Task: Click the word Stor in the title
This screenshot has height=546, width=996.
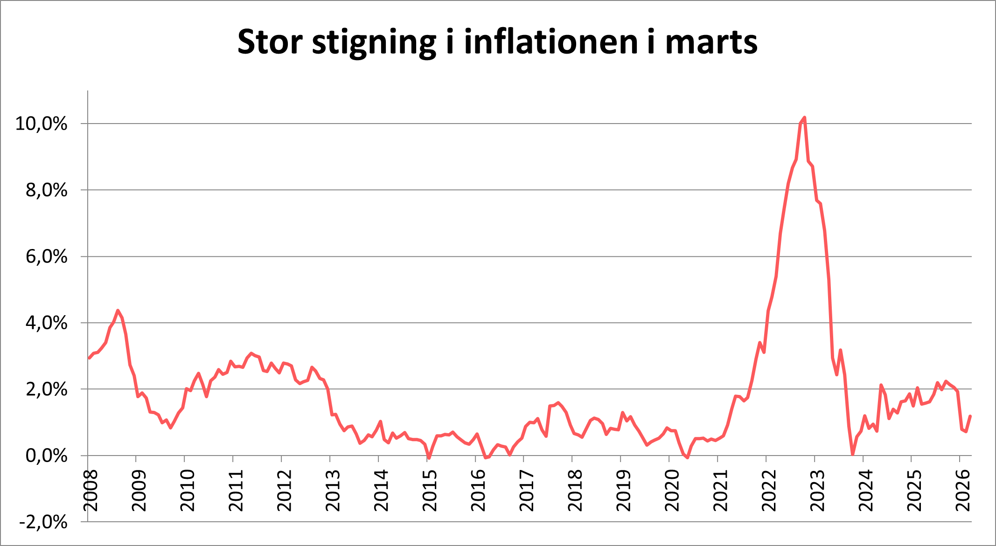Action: (270, 42)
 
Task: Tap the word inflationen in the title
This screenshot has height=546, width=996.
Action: (550, 42)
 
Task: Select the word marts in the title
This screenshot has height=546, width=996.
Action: (711, 42)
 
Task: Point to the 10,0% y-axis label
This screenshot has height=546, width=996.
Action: (42, 124)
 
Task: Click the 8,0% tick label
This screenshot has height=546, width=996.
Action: (46, 190)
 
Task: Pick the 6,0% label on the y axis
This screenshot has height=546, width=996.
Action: (46, 257)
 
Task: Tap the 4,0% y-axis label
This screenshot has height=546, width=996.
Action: (46, 323)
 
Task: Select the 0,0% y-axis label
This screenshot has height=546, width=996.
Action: (46, 456)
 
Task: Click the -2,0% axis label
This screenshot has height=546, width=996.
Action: (43, 522)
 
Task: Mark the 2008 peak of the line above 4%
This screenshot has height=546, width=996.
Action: (118, 310)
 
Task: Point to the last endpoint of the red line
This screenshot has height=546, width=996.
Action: (970, 416)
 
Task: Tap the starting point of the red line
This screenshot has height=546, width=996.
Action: (89, 358)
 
